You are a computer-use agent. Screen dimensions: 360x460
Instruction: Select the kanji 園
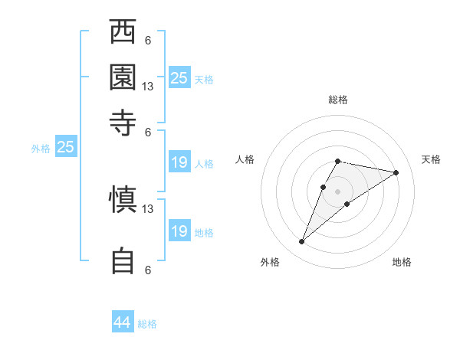click(x=123, y=77)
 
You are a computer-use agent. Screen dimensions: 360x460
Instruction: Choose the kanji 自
click(x=123, y=260)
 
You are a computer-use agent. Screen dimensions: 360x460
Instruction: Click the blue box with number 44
click(x=123, y=322)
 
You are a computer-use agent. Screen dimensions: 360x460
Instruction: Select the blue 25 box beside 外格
click(x=65, y=147)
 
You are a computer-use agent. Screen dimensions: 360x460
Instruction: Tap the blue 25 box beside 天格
click(x=179, y=77)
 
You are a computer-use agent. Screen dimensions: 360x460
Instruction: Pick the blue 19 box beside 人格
click(x=179, y=162)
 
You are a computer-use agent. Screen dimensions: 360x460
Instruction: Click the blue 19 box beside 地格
click(x=179, y=231)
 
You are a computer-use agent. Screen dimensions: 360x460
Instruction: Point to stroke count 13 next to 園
click(x=148, y=87)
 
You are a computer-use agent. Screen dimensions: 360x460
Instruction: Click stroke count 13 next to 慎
click(x=148, y=208)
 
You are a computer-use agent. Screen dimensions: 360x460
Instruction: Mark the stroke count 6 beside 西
click(x=148, y=41)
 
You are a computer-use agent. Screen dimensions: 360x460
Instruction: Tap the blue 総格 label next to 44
click(x=147, y=324)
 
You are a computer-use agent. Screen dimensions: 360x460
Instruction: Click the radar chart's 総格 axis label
click(x=337, y=100)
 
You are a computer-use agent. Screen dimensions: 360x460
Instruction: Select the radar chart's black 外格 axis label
click(x=271, y=262)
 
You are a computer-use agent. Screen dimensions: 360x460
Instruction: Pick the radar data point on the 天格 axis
click(x=396, y=172)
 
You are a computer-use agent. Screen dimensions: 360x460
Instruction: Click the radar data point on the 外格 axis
click(x=302, y=242)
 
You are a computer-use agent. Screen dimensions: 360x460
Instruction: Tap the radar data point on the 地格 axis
click(x=347, y=204)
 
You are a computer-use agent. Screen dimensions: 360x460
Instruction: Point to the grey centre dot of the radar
click(x=337, y=191)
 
